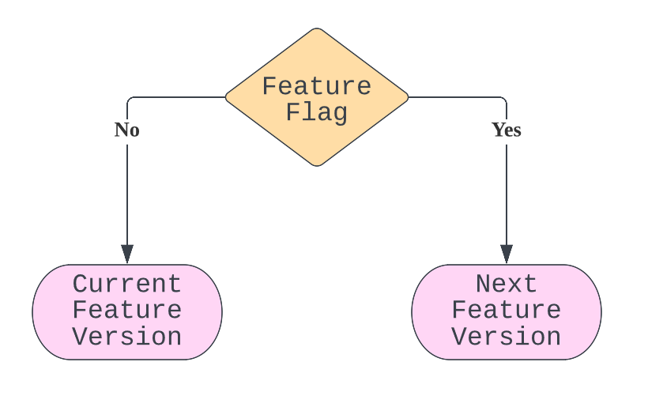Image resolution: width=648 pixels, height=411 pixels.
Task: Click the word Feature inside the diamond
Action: (x=316, y=86)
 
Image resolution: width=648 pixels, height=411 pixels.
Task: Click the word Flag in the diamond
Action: (x=316, y=112)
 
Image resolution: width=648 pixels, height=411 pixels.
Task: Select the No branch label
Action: (x=126, y=130)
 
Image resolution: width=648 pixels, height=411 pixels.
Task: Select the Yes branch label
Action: (x=507, y=130)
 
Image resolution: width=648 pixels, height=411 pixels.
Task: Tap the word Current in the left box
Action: (x=126, y=284)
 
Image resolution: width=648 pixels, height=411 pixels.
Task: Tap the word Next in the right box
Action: (x=507, y=284)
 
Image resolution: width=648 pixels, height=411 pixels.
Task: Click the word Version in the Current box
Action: (x=126, y=337)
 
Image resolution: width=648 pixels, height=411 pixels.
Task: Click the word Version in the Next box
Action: (x=507, y=337)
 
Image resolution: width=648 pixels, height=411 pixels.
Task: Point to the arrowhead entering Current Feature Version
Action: (x=127, y=255)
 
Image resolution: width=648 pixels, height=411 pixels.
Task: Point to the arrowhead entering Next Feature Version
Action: (x=507, y=255)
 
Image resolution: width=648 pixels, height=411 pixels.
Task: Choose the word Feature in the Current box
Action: (x=126, y=310)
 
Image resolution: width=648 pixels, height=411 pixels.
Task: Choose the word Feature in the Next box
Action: (x=507, y=310)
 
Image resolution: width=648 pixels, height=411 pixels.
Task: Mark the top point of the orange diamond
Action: (x=317, y=29)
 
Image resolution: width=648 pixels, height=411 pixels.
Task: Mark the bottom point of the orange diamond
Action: (x=317, y=165)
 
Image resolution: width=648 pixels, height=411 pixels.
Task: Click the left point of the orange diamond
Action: (x=227, y=97)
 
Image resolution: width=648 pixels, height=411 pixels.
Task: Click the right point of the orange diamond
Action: (x=408, y=97)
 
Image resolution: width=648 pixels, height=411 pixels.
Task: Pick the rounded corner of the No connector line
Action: (x=130, y=100)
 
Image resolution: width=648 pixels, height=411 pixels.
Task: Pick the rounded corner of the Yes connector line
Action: (x=503, y=100)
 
